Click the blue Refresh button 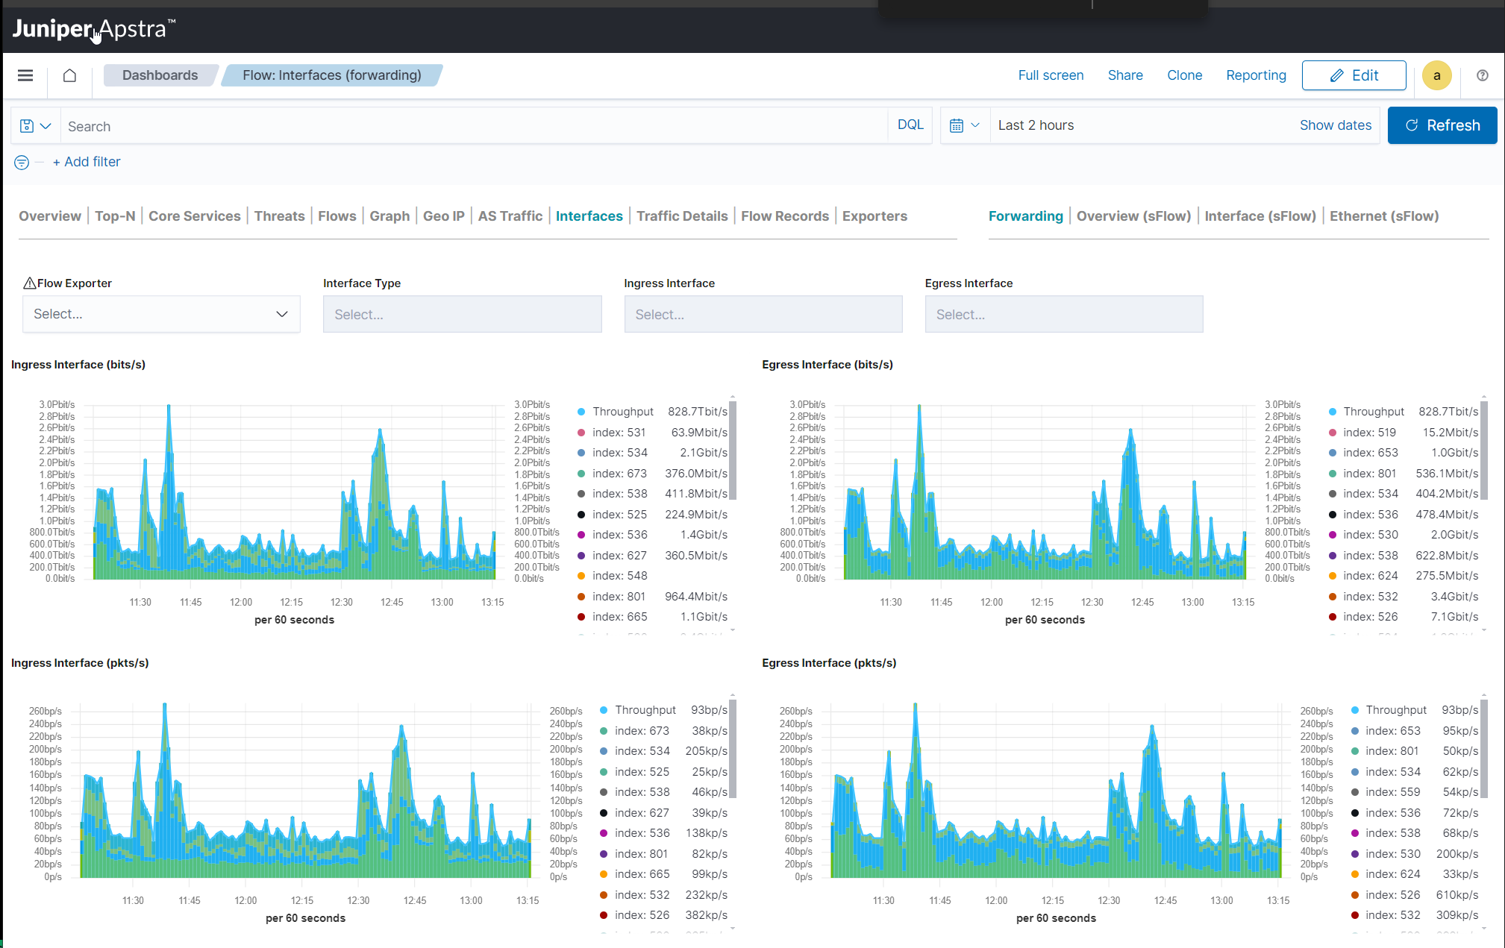pos(1442,125)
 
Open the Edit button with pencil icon pos(1354,75)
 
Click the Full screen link pos(1050,75)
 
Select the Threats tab pos(279,216)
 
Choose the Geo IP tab pos(443,216)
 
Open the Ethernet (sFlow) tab pos(1383,216)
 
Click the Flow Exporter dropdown pos(161,314)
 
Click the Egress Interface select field pos(1063,315)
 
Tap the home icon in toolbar pos(69,75)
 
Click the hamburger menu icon pos(25,75)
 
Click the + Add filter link pos(87,162)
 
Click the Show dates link pos(1335,125)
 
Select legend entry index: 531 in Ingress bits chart pos(619,433)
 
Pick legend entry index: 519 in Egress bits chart pos(1368,433)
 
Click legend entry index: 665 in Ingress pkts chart pos(642,874)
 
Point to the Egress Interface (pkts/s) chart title pos(828,663)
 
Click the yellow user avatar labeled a pos(1436,75)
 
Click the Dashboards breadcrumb pos(160,75)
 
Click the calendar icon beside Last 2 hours pos(957,125)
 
